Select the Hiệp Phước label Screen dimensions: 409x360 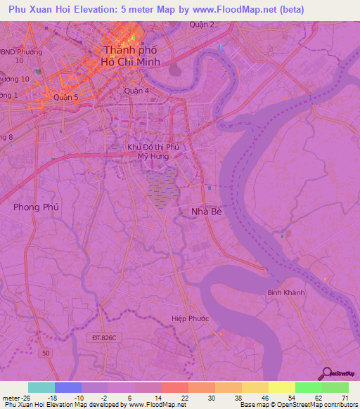191,318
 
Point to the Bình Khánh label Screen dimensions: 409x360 284,292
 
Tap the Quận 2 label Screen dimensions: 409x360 202,25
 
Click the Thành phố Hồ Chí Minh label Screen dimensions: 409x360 131,56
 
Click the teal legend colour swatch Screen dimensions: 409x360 41,387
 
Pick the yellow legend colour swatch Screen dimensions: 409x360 282,387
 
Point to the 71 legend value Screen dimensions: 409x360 345,397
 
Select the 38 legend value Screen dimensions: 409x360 238,397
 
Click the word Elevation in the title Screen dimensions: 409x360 103,10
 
